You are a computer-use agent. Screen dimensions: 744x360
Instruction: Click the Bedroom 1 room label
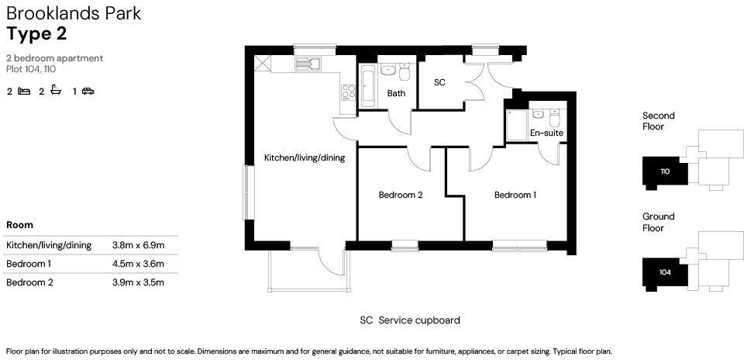pos(515,195)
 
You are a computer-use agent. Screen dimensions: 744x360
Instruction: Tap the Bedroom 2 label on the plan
pos(400,195)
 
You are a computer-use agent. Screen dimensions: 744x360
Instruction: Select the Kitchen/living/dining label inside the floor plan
pos(305,157)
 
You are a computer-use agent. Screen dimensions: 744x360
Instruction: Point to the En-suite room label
pos(546,133)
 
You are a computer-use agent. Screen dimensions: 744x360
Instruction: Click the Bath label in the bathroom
pos(396,93)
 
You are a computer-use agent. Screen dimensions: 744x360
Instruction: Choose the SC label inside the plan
pos(439,82)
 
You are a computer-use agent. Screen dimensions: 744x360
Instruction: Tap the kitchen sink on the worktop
pos(308,64)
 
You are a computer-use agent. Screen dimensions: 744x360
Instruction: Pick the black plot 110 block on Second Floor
pos(665,171)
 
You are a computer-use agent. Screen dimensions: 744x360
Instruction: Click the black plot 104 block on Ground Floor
pos(665,272)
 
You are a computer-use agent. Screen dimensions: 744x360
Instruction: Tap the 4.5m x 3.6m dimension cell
pos(138,264)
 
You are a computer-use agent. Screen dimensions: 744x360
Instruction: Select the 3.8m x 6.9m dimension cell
pos(138,245)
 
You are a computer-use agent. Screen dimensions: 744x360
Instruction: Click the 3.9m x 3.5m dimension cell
pos(138,282)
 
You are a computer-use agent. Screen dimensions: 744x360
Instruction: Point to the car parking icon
pos(88,92)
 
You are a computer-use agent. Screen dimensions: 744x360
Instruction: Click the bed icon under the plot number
pos(24,92)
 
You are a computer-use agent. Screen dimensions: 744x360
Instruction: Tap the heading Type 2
pos(36,33)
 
